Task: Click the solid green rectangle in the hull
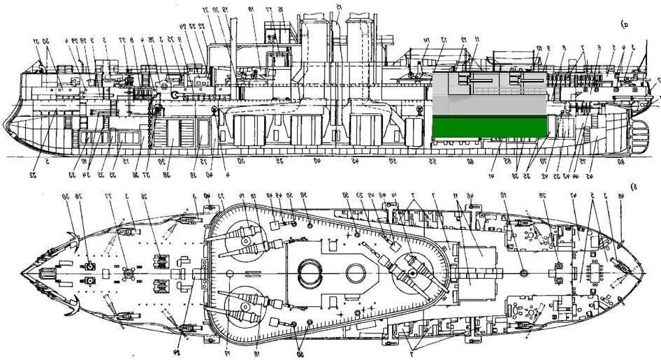tap(489, 127)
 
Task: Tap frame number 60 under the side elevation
tap(470, 161)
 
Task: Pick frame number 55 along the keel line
tap(433, 161)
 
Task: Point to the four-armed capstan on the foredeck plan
tap(126, 271)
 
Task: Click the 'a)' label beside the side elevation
tap(623, 24)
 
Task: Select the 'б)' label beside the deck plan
tap(634, 187)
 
